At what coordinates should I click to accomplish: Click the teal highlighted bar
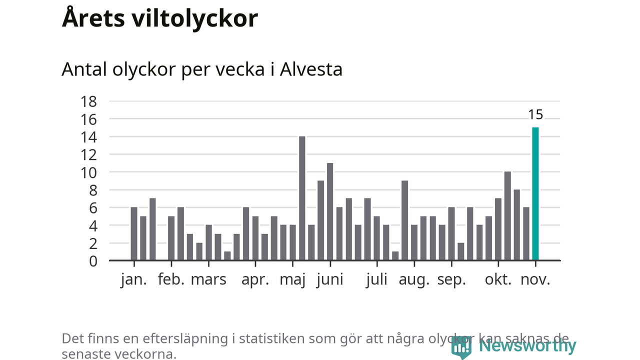pos(535,194)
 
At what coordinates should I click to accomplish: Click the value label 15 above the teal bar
pos(535,114)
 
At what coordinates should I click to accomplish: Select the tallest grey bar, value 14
pos(302,198)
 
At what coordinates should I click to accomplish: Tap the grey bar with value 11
pos(330,211)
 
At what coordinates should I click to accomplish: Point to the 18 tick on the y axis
pos(88,101)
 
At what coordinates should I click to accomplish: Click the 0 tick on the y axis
pos(93,260)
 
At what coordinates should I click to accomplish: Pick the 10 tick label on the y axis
pos(88,172)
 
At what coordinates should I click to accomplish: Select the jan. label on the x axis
pos(134,279)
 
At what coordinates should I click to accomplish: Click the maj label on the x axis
pos(292,279)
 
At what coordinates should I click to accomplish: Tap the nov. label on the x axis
pos(535,279)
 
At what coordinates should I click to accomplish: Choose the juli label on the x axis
pos(376,279)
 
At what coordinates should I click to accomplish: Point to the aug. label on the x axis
pos(414,279)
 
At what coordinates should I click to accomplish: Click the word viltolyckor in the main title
pos(195,18)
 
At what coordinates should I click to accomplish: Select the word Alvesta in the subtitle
pos(311,69)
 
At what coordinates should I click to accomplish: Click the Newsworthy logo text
pos(527,345)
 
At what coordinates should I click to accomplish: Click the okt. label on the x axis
pos(498,279)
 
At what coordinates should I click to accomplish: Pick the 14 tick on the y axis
pos(88,137)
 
